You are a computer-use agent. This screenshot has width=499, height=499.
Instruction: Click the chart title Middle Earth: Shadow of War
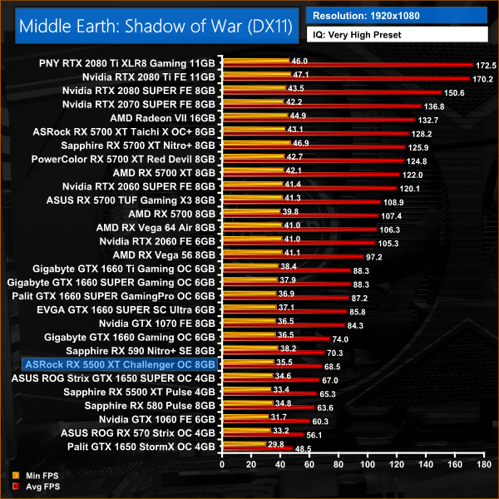155,25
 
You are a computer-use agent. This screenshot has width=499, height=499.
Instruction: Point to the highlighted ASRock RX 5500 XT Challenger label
121,364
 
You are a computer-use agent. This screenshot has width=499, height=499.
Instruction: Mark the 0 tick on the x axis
220,463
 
